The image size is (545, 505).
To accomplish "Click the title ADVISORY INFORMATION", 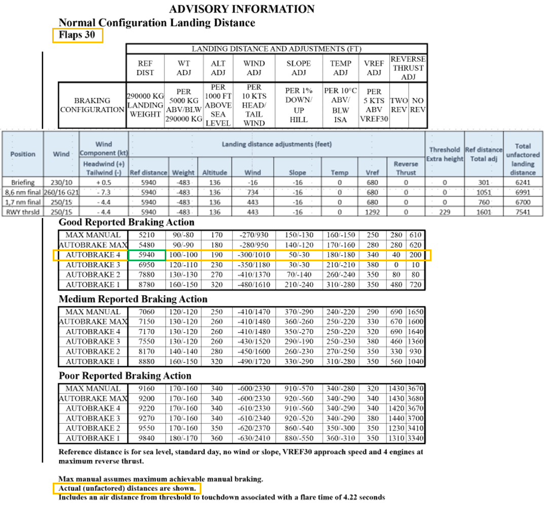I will tap(241, 9).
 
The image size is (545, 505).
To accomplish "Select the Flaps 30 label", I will tap(77, 35).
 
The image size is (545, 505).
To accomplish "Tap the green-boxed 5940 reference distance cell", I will tap(147, 255).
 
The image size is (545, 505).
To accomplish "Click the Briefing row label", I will tap(22, 182).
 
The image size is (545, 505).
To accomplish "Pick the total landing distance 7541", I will tap(523, 212).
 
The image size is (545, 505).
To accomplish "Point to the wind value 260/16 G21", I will tap(61, 192).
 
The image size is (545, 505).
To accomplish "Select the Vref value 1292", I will tap(373, 212).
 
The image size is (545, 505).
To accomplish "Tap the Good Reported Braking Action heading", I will tap(127, 223).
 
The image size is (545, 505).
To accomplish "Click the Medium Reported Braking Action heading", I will tap(133, 299).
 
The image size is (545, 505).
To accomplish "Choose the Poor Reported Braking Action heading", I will tap(125, 376).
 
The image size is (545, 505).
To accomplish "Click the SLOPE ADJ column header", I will tap(299, 67).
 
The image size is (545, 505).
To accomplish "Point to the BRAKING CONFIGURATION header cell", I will tap(92, 105).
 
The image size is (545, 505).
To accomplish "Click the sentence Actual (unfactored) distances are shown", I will tap(127, 488).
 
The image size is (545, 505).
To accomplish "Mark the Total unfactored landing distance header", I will tap(523, 159).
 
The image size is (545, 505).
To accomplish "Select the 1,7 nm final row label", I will tap(22, 202).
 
